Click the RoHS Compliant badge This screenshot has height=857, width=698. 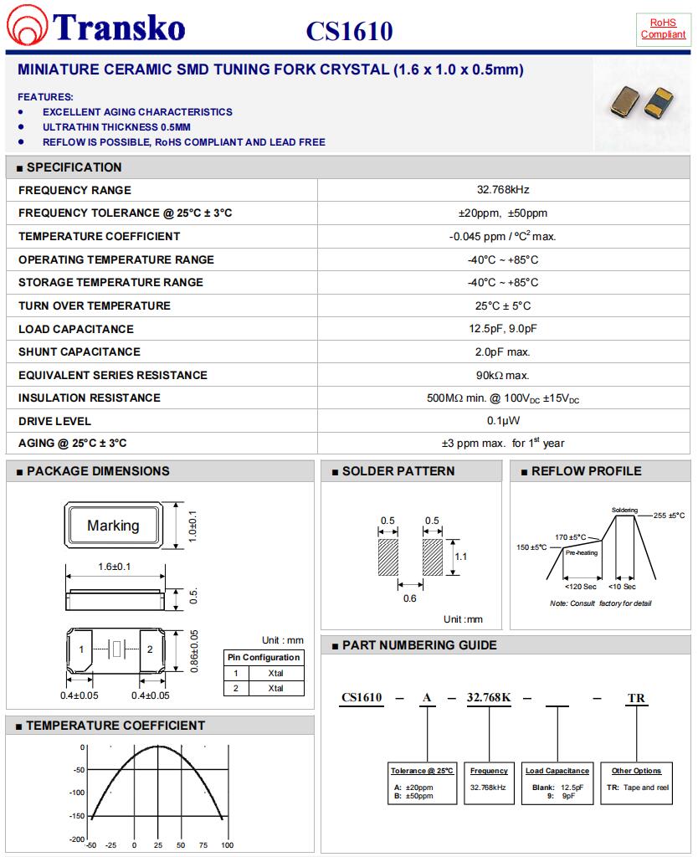click(x=663, y=28)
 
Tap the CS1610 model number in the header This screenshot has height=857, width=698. click(x=349, y=32)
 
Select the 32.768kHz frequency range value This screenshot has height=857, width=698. click(x=502, y=190)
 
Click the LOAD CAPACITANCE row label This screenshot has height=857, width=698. click(x=75, y=329)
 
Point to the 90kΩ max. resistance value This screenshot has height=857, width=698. click(x=502, y=375)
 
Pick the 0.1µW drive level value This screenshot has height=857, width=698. click(x=502, y=421)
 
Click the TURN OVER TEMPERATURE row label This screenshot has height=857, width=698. click(x=94, y=305)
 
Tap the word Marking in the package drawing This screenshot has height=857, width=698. click(x=113, y=526)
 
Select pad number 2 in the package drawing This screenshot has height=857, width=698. click(x=150, y=649)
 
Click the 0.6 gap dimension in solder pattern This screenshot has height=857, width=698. click(x=410, y=598)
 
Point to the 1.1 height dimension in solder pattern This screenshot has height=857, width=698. click(x=460, y=556)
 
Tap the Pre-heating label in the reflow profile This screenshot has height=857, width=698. click(x=582, y=552)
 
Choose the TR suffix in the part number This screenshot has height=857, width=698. click(x=636, y=698)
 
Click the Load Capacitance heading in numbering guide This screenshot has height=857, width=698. click(x=557, y=771)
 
